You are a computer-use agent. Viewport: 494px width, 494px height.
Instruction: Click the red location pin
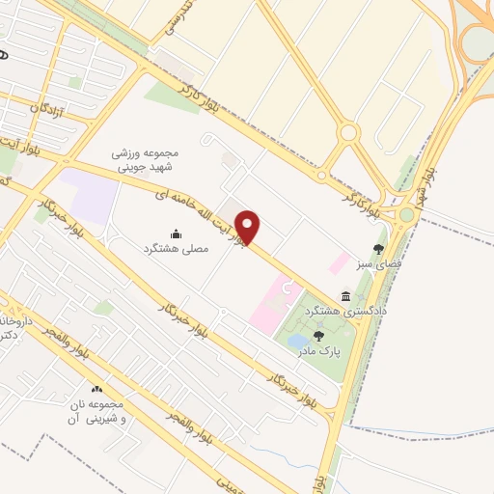click(249, 227)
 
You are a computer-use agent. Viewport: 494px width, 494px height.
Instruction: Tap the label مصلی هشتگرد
click(176, 249)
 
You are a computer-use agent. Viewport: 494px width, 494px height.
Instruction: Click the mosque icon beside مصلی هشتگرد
click(176, 233)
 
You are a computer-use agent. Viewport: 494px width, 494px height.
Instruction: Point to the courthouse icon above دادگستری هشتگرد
click(345, 296)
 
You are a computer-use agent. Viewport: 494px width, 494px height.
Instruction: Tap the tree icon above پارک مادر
click(318, 336)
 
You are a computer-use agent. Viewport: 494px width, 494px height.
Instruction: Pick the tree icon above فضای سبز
click(377, 248)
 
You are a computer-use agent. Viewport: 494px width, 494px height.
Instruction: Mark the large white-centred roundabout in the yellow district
click(349, 132)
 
